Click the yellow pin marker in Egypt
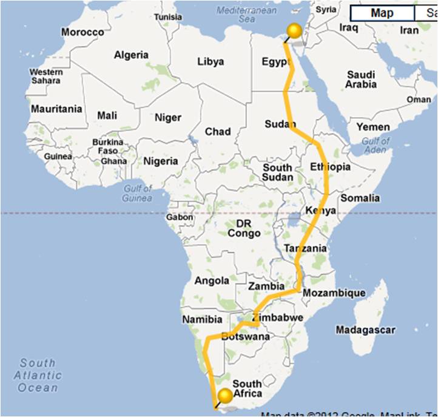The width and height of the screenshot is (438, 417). click(294, 32)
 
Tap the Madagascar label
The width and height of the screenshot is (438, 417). click(365, 330)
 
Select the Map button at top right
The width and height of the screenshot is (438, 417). click(382, 13)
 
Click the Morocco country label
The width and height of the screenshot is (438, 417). click(83, 32)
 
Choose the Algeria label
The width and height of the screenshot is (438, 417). click(131, 55)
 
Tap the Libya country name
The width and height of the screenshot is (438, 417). click(211, 61)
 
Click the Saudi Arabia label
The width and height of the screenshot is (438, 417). click(361, 80)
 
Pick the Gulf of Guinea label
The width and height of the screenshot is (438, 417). click(137, 193)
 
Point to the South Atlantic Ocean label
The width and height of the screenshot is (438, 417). click(38, 375)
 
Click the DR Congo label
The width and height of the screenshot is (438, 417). click(244, 228)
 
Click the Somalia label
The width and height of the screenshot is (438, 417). click(360, 198)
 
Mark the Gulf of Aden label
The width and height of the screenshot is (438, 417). click(375, 146)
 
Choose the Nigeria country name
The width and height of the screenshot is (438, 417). click(160, 161)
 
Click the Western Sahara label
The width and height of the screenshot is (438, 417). click(46, 76)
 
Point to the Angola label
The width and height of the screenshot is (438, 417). click(212, 280)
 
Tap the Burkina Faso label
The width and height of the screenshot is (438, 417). click(108, 146)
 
